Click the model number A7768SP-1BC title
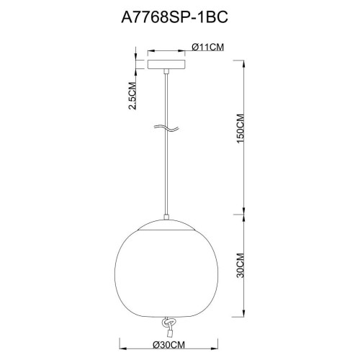[x=174, y=17]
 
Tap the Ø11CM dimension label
[x=208, y=47]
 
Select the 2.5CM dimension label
[x=132, y=96]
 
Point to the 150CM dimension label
[x=240, y=129]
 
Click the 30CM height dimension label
[x=240, y=265]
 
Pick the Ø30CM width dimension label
[x=169, y=345]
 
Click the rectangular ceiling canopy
[x=166, y=64]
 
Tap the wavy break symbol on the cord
[x=166, y=129]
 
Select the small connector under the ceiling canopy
[x=166, y=71]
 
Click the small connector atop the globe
[x=166, y=217]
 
